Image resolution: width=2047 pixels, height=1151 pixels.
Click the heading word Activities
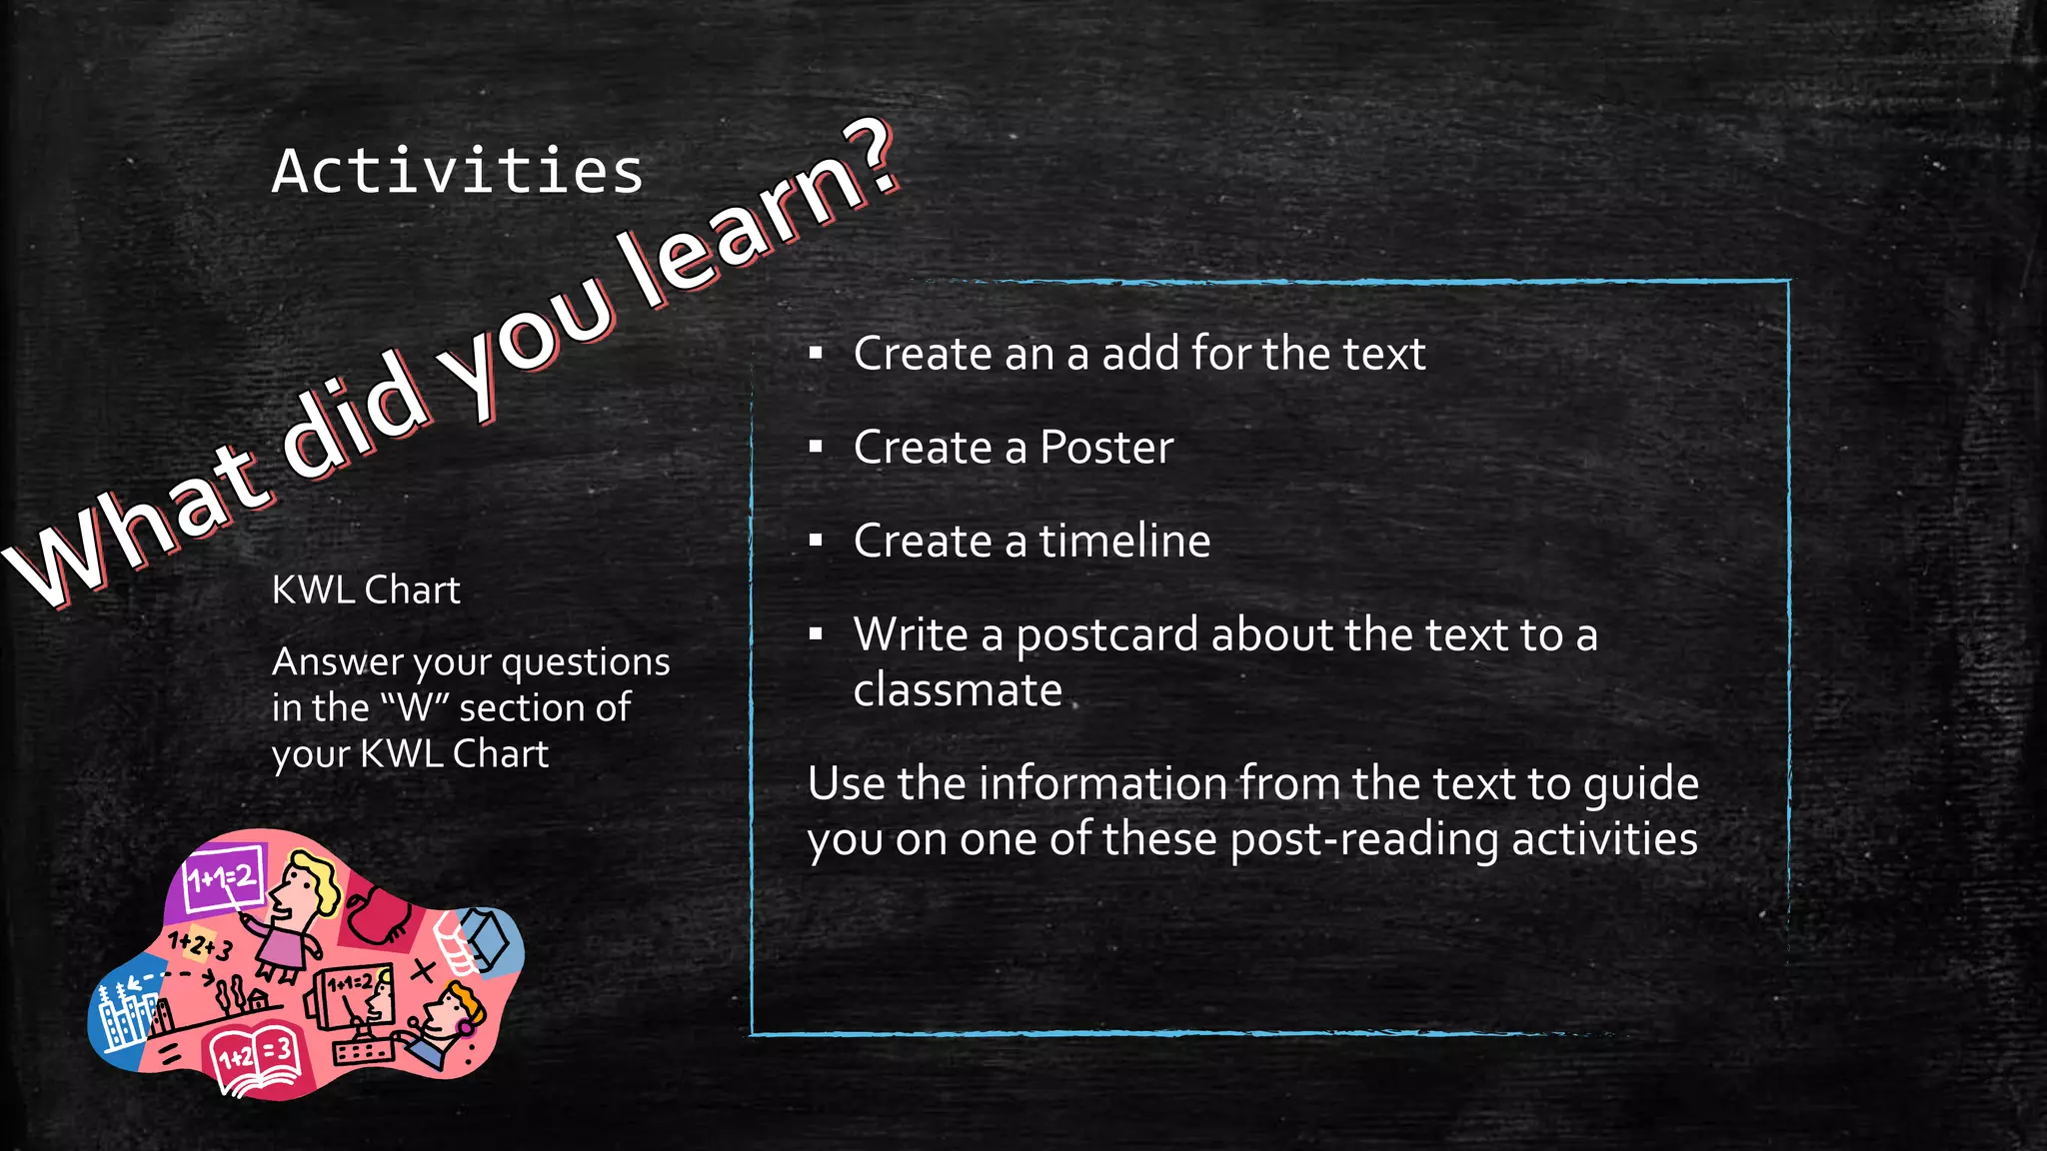click(458, 171)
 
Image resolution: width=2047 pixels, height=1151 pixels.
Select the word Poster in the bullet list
click(1106, 448)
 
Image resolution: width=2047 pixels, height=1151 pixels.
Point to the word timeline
click(1124, 542)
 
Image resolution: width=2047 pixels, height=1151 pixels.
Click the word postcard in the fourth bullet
click(1106, 635)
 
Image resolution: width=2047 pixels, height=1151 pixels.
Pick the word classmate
click(957, 690)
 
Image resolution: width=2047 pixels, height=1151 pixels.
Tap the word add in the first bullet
click(1139, 354)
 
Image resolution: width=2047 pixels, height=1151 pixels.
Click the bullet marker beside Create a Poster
click(816, 448)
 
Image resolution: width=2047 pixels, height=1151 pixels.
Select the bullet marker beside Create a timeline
click(816, 542)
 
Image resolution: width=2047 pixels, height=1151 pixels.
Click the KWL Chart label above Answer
click(366, 590)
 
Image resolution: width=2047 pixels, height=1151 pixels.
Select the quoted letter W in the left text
click(414, 708)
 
